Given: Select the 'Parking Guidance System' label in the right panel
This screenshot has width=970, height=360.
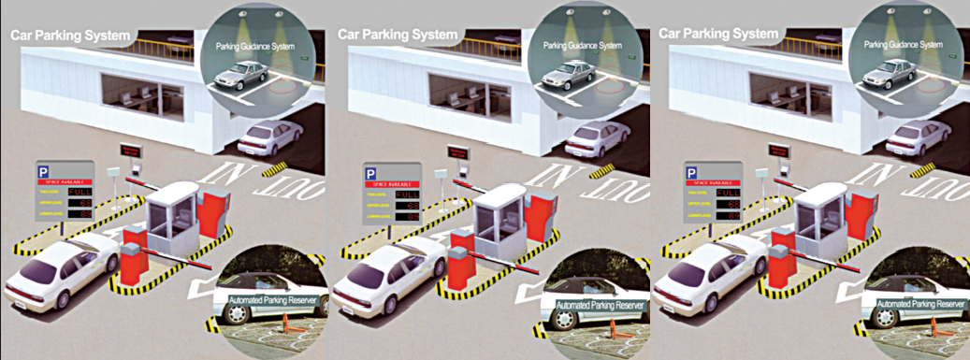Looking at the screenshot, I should click(902, 44).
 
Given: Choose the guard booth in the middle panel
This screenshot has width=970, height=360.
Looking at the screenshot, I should click(498, 219).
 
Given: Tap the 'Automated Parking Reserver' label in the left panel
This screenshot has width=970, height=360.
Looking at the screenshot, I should click(271, 302).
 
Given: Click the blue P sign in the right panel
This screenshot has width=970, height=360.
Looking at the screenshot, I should click(693, 173).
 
